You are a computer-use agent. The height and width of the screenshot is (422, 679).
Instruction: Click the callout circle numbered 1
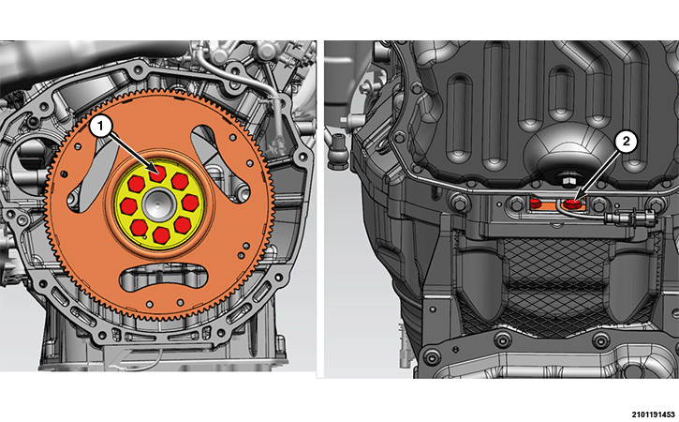click(101, 127)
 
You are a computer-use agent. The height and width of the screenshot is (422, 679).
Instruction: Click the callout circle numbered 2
click(626, 141)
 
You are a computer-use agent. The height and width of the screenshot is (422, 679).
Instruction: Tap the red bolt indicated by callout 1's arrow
click(157, 173)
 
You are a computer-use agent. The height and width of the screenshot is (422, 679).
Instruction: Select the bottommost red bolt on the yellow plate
click(161, 235)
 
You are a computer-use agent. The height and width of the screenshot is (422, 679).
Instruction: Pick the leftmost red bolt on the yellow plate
click(128, 206)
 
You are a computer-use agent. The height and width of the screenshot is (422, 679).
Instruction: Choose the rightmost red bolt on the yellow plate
click(190, 203)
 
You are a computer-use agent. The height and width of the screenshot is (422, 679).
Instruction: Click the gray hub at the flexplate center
click(159, 204)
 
